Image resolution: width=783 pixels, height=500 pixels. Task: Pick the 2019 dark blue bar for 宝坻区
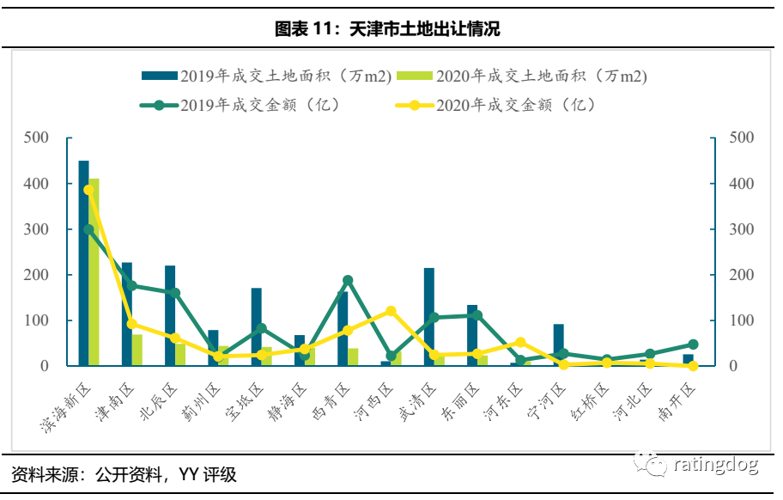(x=256, y=326)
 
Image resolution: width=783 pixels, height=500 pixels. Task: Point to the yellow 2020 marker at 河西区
(x=391, y=311)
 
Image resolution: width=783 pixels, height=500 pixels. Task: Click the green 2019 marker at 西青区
(x=348, y=281)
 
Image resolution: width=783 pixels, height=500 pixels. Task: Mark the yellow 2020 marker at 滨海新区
(x=88, y=191)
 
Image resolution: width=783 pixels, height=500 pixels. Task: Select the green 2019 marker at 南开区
(x=693, y=345)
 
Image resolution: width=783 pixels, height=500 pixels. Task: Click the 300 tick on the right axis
(x=740, y=229)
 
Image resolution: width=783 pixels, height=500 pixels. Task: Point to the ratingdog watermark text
(x=715, y=466)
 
